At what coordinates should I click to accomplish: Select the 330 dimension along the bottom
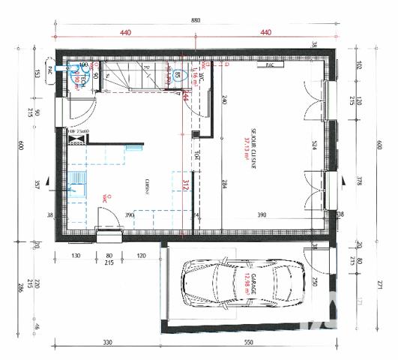(x=106, y=343)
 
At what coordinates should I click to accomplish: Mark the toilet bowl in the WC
(x=178, y=75)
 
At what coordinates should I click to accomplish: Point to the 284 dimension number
(x=223, y=182)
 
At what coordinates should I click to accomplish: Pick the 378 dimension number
(x=359, y=180)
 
